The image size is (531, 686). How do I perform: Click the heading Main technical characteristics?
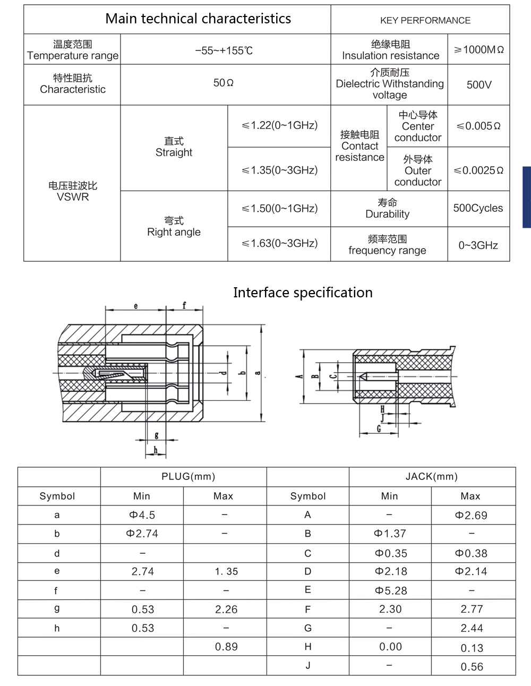198,19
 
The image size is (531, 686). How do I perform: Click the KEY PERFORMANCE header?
425,21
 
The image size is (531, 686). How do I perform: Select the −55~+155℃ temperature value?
224,51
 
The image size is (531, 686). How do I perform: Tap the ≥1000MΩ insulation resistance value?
478,50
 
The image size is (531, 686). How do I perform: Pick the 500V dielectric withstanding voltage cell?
479,84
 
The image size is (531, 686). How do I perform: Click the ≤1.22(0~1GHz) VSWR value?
279,126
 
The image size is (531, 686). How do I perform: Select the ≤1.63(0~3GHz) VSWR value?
279,244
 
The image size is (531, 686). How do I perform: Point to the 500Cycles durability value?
478,208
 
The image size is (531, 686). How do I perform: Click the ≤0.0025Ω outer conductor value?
478,170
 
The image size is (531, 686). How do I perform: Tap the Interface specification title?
303,293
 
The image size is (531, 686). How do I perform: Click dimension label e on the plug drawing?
136,306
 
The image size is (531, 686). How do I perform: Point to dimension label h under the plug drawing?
156,450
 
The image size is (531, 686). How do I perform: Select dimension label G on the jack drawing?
379,428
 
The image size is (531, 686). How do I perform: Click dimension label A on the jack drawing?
299,376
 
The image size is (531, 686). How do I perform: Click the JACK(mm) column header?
431,477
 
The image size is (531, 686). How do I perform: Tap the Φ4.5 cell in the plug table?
142,515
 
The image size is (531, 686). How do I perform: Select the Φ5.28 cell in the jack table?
390,590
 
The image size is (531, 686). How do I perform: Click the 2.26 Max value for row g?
226,610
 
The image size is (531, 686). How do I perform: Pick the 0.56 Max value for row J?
472,667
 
